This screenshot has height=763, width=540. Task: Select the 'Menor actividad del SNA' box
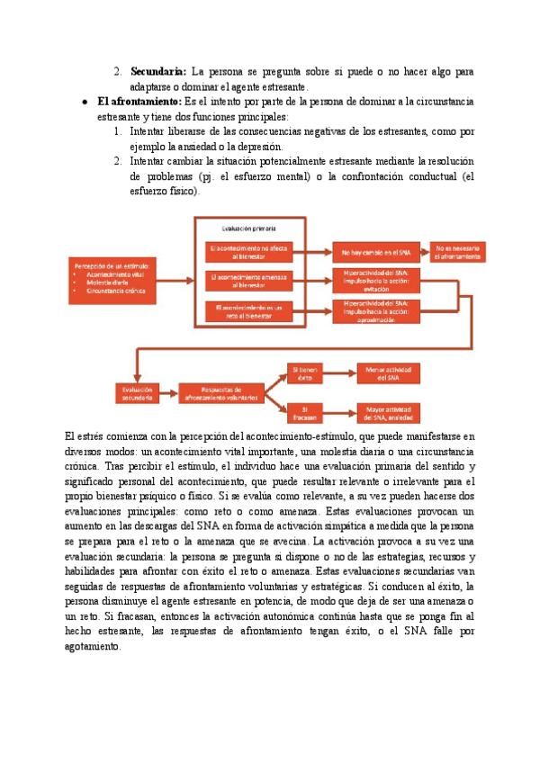[x=389, y=373]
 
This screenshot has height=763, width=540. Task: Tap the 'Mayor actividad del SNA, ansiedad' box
[x=389, y=412]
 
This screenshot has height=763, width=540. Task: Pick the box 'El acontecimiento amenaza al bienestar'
[x=247, y=281]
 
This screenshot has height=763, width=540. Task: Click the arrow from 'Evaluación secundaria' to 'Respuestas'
[x=168, y=392]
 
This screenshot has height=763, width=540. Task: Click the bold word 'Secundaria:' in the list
[x=158, y=70]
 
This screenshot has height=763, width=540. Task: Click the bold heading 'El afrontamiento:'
[x=139, y=102]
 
